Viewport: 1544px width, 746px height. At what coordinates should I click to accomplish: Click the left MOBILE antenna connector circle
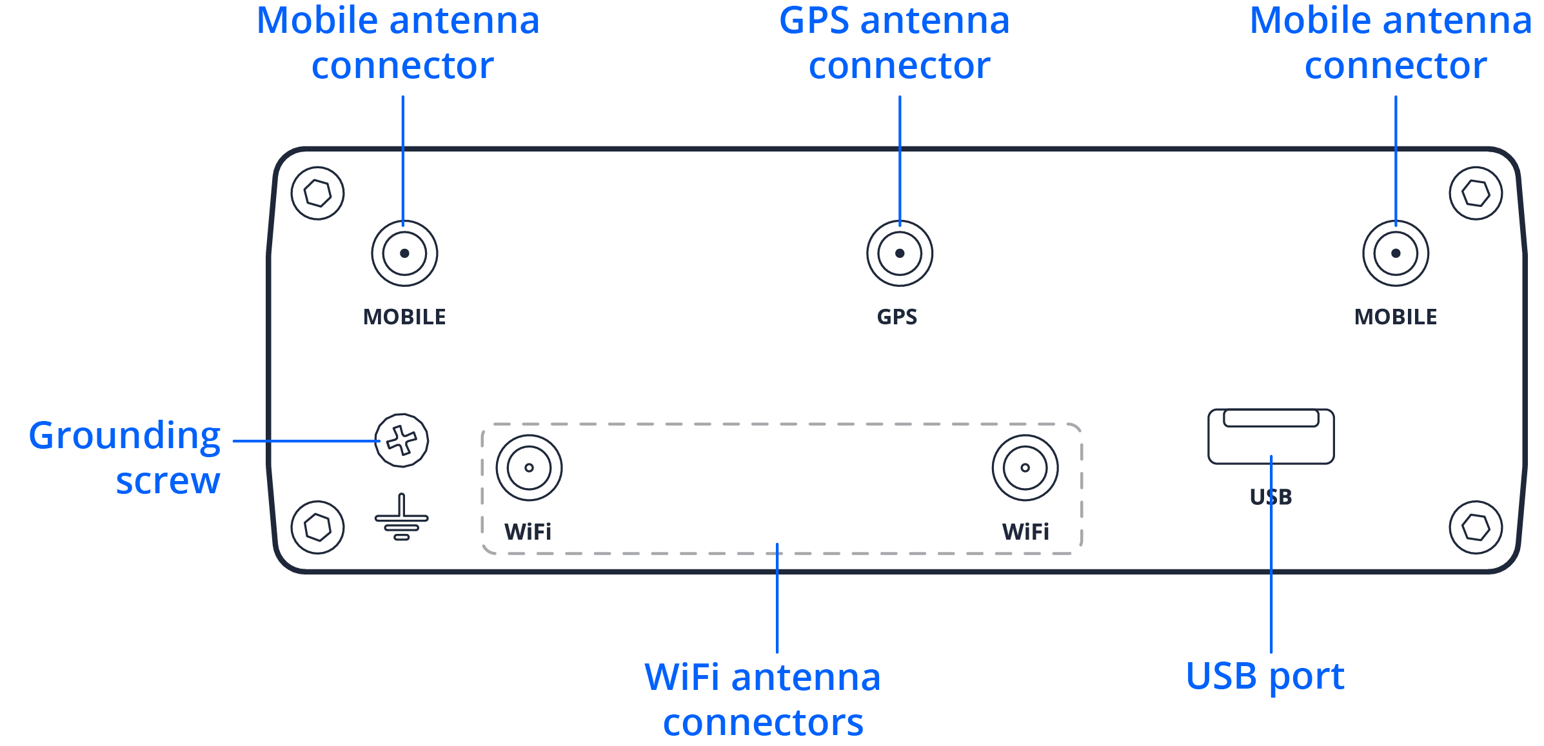click(404, 253)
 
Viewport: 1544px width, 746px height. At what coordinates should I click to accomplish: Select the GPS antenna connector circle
click(900, 253)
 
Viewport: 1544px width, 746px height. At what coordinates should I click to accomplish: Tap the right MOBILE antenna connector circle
click(1396, 253)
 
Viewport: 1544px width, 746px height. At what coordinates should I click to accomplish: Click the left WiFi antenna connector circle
click(529, 467)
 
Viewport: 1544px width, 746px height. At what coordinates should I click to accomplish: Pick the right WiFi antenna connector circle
click(1025, 467)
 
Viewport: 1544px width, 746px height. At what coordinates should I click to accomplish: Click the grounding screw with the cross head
click(401, 441)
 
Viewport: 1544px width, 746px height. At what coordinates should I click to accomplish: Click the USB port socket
click(1271, 437)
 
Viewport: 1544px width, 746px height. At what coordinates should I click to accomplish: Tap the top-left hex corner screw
click(317, 193)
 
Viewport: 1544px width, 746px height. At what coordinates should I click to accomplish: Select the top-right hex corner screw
click(1476, 193)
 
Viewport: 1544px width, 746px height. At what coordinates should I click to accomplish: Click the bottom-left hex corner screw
click(317, 527)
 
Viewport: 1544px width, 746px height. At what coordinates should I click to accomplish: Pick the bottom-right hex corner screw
click(1476, 527)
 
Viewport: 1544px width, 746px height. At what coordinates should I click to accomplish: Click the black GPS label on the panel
click(897, 317)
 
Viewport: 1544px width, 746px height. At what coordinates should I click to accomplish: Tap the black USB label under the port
click(1271, 497)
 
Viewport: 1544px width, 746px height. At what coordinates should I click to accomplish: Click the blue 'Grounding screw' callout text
click(125, 458)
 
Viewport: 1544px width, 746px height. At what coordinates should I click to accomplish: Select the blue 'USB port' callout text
click(1265, 676)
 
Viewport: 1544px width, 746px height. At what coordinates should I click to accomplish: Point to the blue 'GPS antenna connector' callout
click(895, 43)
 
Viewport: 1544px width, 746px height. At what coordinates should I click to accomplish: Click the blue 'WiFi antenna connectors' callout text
click(763, 700)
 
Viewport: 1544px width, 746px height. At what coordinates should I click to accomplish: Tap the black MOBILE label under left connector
click(404, 317)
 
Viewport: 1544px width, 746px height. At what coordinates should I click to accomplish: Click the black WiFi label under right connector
click(1025, 532)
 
